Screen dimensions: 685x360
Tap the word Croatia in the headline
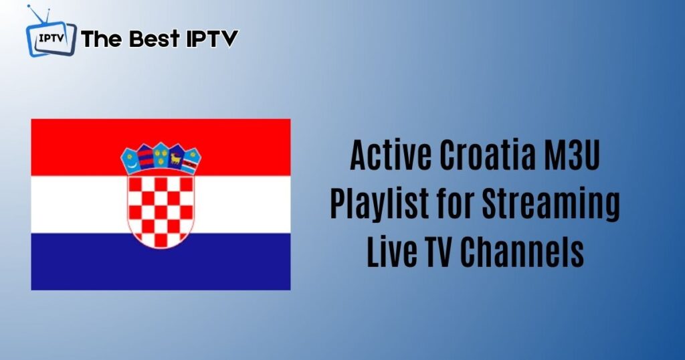pyautogui.click(x=487, y=155)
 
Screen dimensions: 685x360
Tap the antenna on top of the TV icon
pyautogui.click(x=39, y=15)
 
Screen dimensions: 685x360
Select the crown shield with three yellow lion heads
pyautogui.click(x=161, y=155)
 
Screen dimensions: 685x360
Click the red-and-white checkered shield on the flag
pyautogui.click(x=161, y=211)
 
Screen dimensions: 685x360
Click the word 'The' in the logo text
pyautogui.click(x=102, y=38)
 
